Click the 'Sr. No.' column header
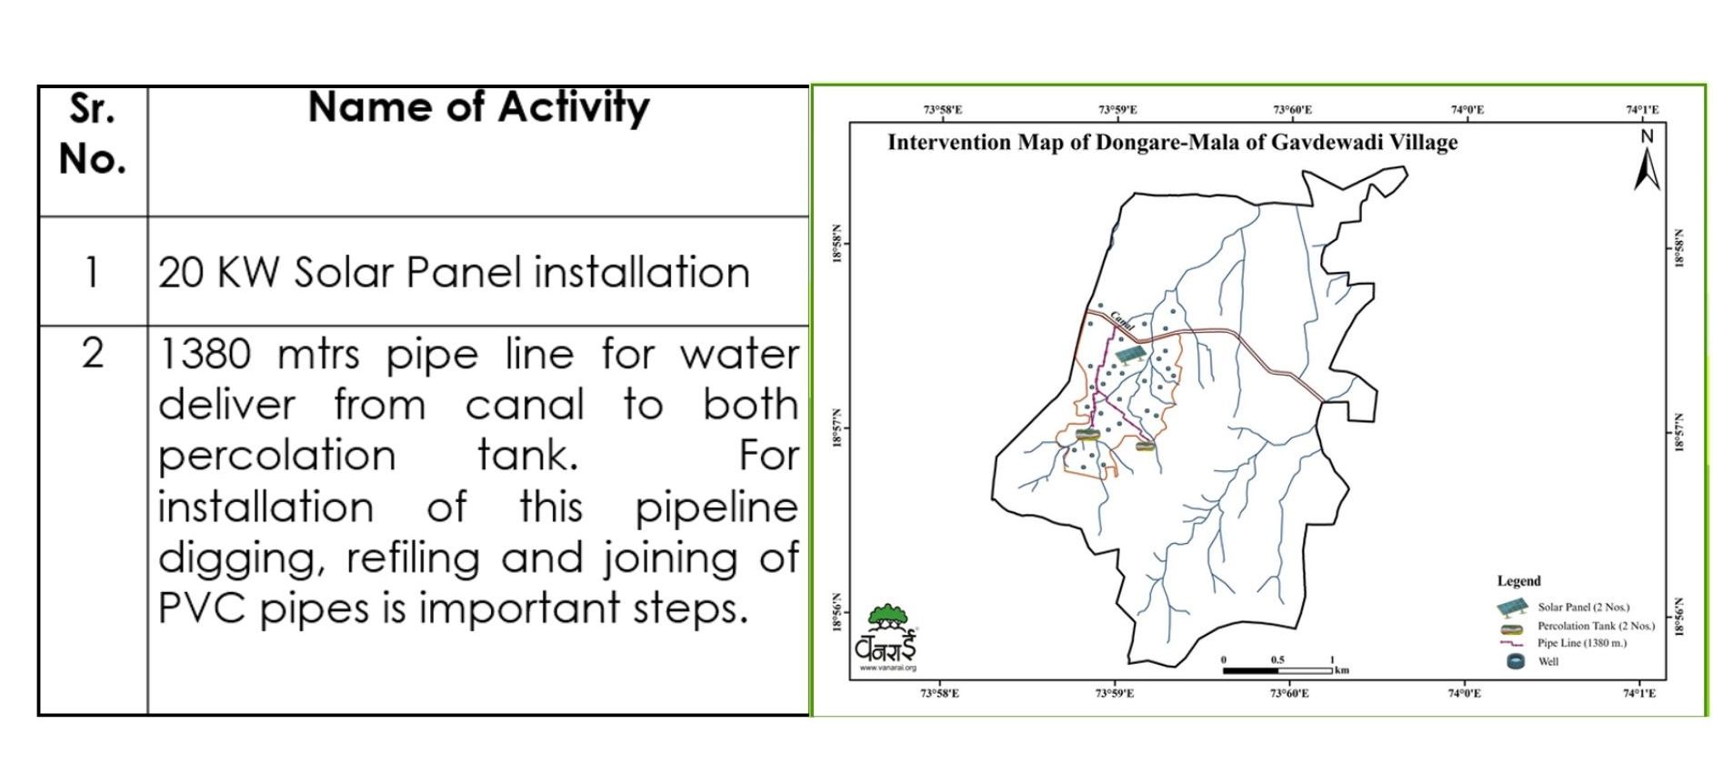(x=93, y=134)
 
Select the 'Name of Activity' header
(x=479, y=107)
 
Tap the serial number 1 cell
(x=92, y=272)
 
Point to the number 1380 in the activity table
(x=205, y=354)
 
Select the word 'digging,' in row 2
(x=242, y=559)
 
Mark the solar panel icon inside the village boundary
(x=1130, y=354)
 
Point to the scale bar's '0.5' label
(x=1277, y=660)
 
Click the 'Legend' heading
(x=1519, y=581)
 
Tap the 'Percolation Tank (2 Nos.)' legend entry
(x=1576, y=626)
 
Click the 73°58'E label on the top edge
(x=943, y=110)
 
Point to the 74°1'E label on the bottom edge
(x=1639, y=694)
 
